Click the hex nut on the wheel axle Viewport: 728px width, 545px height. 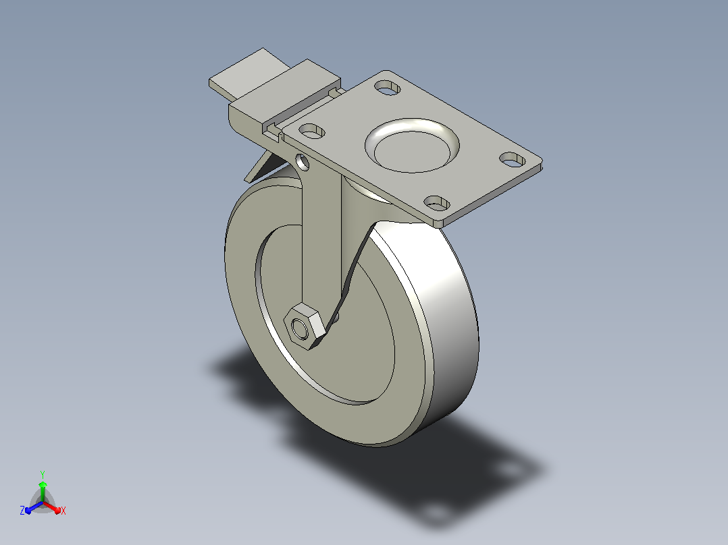(304, 326)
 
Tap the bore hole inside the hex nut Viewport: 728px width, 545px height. (299, 329)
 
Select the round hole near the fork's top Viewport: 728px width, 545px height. (303, 163)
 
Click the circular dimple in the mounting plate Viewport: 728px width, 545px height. (412, 145)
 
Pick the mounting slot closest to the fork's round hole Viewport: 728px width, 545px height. (312, 131)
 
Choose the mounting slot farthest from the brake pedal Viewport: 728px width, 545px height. (513, 160)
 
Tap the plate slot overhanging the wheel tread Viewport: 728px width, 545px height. (437, 203)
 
